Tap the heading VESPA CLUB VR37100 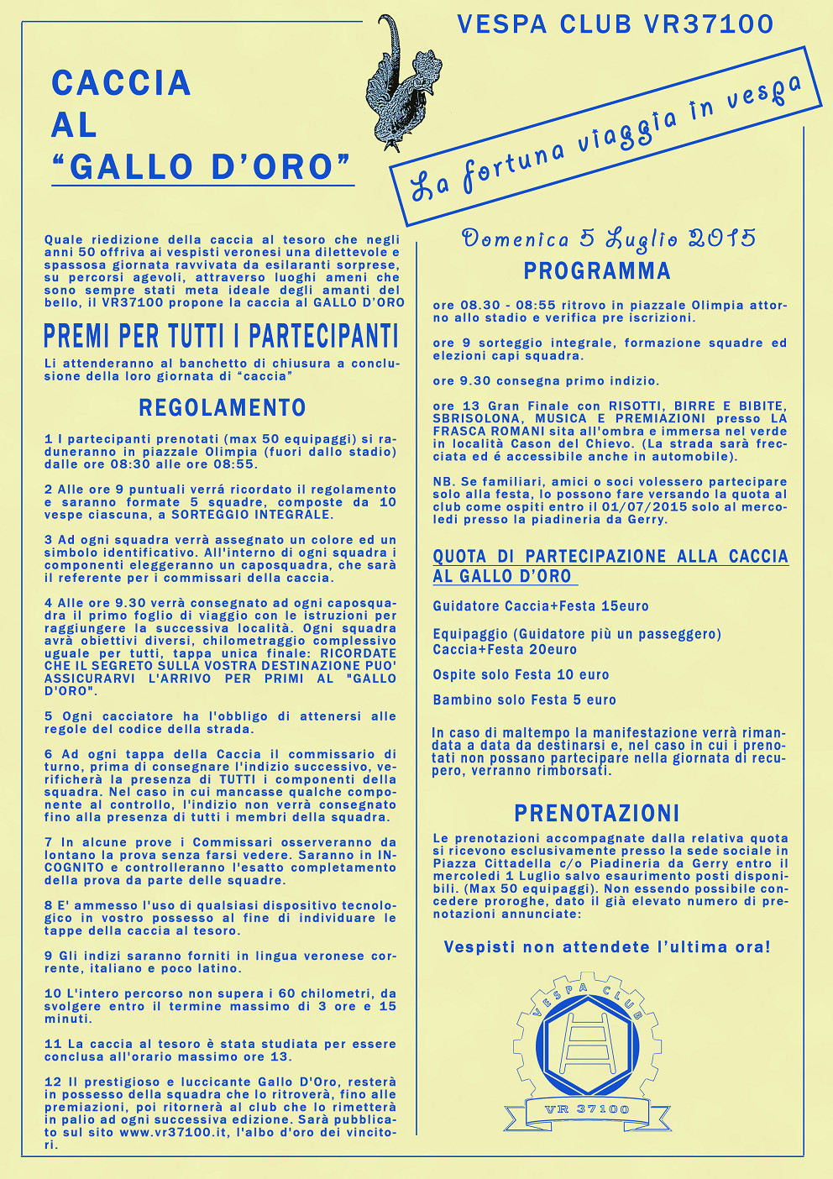point(615,24)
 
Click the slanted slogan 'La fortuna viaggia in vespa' point(605,138)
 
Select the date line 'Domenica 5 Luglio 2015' point(609,239)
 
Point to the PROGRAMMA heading point(597,271)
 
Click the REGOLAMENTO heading point(223,408)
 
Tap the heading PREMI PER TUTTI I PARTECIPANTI point(221,337)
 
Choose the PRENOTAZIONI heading point(597,813)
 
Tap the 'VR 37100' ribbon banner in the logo point(587,1109)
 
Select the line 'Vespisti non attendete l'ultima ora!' point(607,947)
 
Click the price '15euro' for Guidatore point(625,606)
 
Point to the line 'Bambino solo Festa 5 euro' point(524,700)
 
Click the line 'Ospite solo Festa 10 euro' point(521,675)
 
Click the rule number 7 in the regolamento point(48,842)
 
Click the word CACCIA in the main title point(122,83)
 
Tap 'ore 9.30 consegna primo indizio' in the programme point(546,381)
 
